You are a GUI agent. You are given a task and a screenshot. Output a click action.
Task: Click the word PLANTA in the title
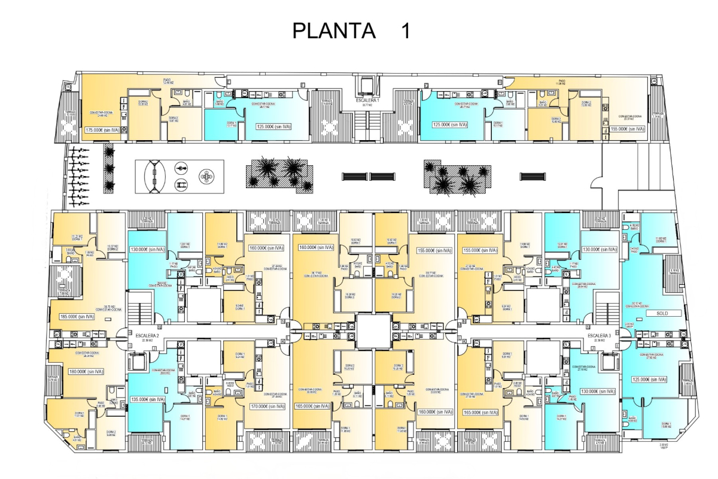334,31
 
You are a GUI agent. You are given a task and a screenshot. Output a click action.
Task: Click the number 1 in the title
406,31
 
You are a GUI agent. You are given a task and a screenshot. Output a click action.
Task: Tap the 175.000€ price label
102,129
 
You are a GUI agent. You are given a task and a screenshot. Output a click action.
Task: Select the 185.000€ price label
78,317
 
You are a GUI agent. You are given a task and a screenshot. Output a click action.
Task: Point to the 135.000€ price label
148,399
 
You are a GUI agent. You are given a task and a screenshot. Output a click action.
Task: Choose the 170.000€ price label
265,405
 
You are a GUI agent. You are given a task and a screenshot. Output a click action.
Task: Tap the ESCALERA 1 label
367,101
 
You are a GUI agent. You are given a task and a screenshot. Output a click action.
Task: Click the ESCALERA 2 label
146,336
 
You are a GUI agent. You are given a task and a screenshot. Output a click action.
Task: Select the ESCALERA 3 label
598,336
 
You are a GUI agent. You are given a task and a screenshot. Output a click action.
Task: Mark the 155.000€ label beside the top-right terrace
628,129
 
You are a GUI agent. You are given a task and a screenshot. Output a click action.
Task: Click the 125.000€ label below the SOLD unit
649,379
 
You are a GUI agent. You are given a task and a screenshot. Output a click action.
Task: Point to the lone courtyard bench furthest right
533,176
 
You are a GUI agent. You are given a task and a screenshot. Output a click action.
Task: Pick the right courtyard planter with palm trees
457,177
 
